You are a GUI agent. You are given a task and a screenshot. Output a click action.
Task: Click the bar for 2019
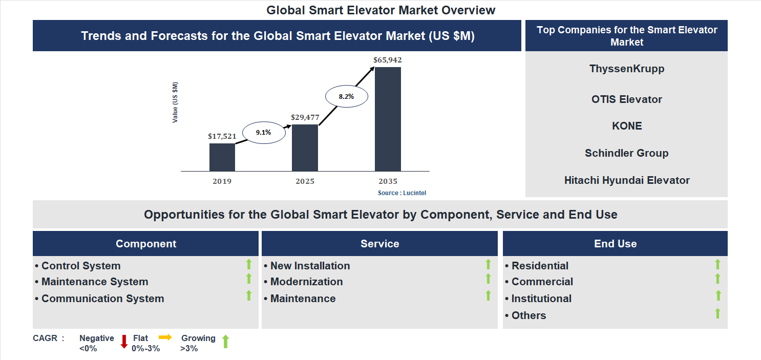[222, 157]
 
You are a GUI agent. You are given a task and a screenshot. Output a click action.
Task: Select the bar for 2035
[388, 119]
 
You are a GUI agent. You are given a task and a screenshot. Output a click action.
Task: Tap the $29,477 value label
[305, 117]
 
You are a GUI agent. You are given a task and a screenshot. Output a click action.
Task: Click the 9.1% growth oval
[263, 132]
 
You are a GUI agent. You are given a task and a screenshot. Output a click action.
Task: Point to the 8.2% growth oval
[346, 96]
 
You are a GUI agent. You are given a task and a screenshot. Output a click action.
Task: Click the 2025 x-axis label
[305, 181]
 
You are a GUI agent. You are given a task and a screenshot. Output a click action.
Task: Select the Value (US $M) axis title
[175, 102]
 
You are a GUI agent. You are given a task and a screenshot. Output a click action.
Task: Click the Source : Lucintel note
[402, 193]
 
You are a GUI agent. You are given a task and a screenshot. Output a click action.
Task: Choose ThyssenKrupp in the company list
[626, 69]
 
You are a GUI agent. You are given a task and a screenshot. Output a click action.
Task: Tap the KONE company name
[626, 126]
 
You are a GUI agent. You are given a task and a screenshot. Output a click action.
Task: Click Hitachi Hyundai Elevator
[626, 180]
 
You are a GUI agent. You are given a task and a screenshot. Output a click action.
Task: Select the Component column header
[145, 244]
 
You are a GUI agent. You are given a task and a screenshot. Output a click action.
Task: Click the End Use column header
[615, 244]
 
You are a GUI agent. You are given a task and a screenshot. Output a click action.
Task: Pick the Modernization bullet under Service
[306, 282]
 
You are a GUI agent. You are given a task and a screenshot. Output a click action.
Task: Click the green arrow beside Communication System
[249, 295]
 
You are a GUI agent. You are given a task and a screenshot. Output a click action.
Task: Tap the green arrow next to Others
[717, 313]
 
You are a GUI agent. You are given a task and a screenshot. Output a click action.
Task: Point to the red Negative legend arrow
[124, 342]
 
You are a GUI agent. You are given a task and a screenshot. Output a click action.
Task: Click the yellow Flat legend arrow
[165, 337]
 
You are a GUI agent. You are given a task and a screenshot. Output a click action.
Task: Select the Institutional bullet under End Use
[541, 299]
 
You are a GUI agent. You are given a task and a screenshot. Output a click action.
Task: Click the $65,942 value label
[388, 60]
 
